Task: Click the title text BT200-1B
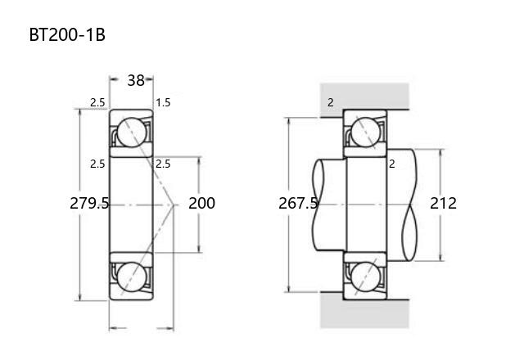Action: (x=67, y=34)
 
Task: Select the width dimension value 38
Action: (x=136, y=80)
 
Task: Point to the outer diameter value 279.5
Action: (x=89, y=203)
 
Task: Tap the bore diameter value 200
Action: (x=201, y=203)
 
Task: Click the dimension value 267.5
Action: (x=298, y=203)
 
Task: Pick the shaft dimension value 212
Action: (x=443, y=203)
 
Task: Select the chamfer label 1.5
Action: (x=163, y=102)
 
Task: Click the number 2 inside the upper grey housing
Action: (x=331, y=102)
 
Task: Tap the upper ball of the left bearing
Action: (x=132, y=133)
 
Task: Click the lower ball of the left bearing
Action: (x=132, y=277)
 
